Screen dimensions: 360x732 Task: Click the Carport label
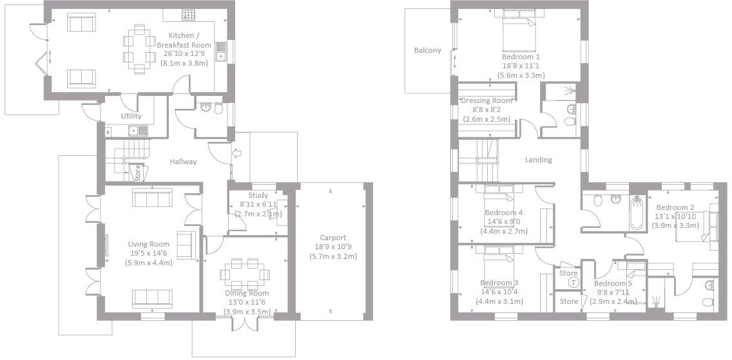[333, 238]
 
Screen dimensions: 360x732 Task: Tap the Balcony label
[428, 50]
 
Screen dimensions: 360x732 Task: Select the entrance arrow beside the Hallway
[236, 153]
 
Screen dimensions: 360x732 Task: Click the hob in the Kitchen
[188, 14]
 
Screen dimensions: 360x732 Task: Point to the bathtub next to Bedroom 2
[637, 213]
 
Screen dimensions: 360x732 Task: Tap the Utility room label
[131, 117]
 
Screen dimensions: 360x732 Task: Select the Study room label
[258, 196]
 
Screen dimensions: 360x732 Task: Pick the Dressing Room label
[486, 100]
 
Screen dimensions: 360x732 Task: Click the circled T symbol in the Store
[573, 283]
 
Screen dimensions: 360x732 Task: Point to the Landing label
[538, 160]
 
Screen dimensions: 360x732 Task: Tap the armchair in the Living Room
[186, 245]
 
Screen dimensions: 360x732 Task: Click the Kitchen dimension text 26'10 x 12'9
[189, 54]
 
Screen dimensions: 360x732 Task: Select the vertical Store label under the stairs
[137, 173]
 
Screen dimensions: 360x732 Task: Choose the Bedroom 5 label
[612, 283]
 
